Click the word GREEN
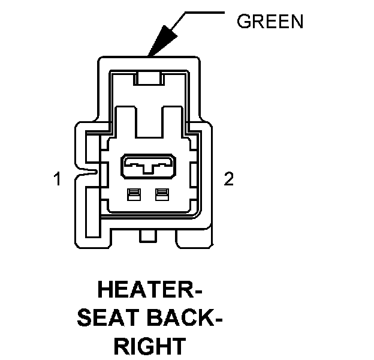pyautogui.click(x=270, y=22)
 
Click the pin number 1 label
pyautogui.click(x=58, y=179)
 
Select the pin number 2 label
pyautogui.click(x=228, y=179)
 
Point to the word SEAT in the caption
pyautogui.click(x=108, y=319)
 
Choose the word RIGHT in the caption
pyautogui.click(x=150, y=346)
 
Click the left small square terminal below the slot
pyautogui.click(x=134, y=194)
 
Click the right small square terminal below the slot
pyautogui.click(x=160, y=194)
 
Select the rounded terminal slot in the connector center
pyautogui.click(x=148, y=166)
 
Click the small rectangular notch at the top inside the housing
pyautogui.click(x=148, y=77)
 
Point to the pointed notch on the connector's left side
pyautogui.click(x=90, y=174)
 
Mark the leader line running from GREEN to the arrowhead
pyautogui.click(x=204, y=10)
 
